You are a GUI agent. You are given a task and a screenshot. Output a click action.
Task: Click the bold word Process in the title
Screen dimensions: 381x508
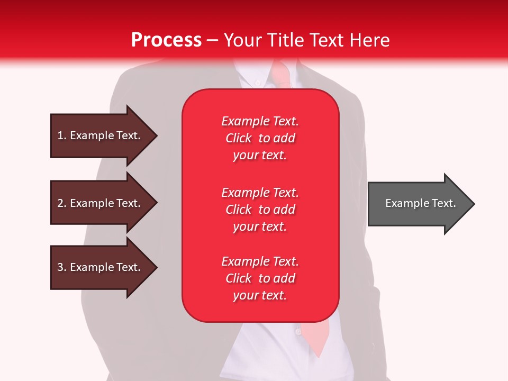tap(166, 40)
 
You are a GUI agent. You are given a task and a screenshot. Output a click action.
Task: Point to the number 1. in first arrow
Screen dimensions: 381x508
tap(62, 135)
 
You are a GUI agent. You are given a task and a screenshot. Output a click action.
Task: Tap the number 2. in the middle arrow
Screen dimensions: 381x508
tap(62, 203)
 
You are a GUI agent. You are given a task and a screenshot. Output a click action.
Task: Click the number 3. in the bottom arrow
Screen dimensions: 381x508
tap(62, 267)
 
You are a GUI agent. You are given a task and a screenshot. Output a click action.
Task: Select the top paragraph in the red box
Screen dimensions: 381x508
tap(260, 138)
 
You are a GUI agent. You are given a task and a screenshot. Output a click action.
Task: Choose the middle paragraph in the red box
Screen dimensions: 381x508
tap(260, 210)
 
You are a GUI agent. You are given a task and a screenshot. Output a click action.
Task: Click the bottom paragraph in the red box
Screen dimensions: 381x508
tap(260, 278)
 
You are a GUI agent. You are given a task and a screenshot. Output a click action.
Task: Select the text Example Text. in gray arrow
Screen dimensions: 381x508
tap(421, 203)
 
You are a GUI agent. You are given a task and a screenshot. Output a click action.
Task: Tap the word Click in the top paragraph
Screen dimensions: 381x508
tap(239, 138)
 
